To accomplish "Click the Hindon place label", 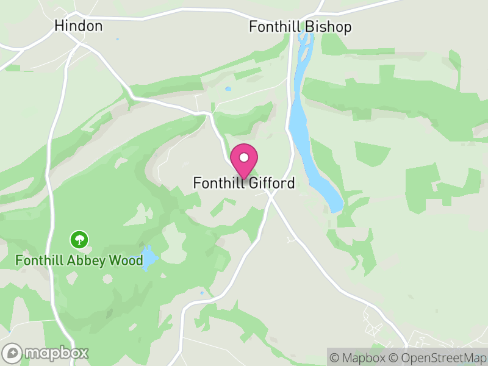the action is click(78, 26).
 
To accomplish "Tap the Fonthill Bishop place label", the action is click(300, 27).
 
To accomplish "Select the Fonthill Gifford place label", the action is click(244, 183).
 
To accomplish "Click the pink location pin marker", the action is click(244, 161).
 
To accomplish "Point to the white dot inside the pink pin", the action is click(244, 157).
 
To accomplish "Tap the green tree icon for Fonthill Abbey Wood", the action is click(79, 239).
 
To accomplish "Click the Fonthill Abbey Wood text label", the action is click(79, 261).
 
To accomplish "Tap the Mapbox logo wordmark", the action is click(56, 353).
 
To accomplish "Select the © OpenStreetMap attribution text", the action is click(437, 357).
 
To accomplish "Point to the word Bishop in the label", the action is click(331, 27).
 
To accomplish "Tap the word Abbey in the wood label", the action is click(91, 261).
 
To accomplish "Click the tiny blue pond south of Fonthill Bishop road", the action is click(228, 89).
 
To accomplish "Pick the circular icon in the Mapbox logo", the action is click(12, 353).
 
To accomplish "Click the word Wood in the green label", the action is click(126, 261).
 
